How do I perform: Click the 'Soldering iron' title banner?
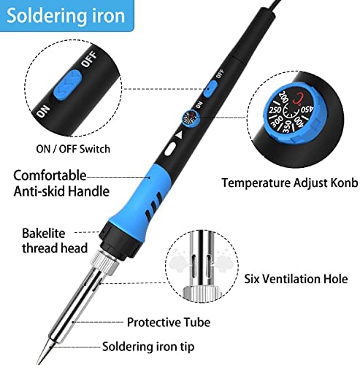[66, 15]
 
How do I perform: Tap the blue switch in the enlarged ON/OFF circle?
[67, 85]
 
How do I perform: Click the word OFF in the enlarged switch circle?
[89, 60]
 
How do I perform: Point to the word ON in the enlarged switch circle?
[43, 112]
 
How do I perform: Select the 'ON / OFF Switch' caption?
[73, 149]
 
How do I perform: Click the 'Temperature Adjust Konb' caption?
[290, 182]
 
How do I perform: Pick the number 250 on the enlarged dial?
[275, 109]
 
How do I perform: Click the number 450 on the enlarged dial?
[307, 109]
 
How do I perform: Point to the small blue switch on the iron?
[210, 89]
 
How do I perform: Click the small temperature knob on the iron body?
[191, 118]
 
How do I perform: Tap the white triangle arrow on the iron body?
[179, 136]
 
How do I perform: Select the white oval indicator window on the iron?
[170, 149]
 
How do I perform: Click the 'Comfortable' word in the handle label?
[50, 175]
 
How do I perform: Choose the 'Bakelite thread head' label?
[55, 241]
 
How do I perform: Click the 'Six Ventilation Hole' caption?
[296, 279]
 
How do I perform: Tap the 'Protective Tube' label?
[169, 322]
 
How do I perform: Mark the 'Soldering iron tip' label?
[148, 347]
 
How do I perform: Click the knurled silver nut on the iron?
[105, 262]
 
